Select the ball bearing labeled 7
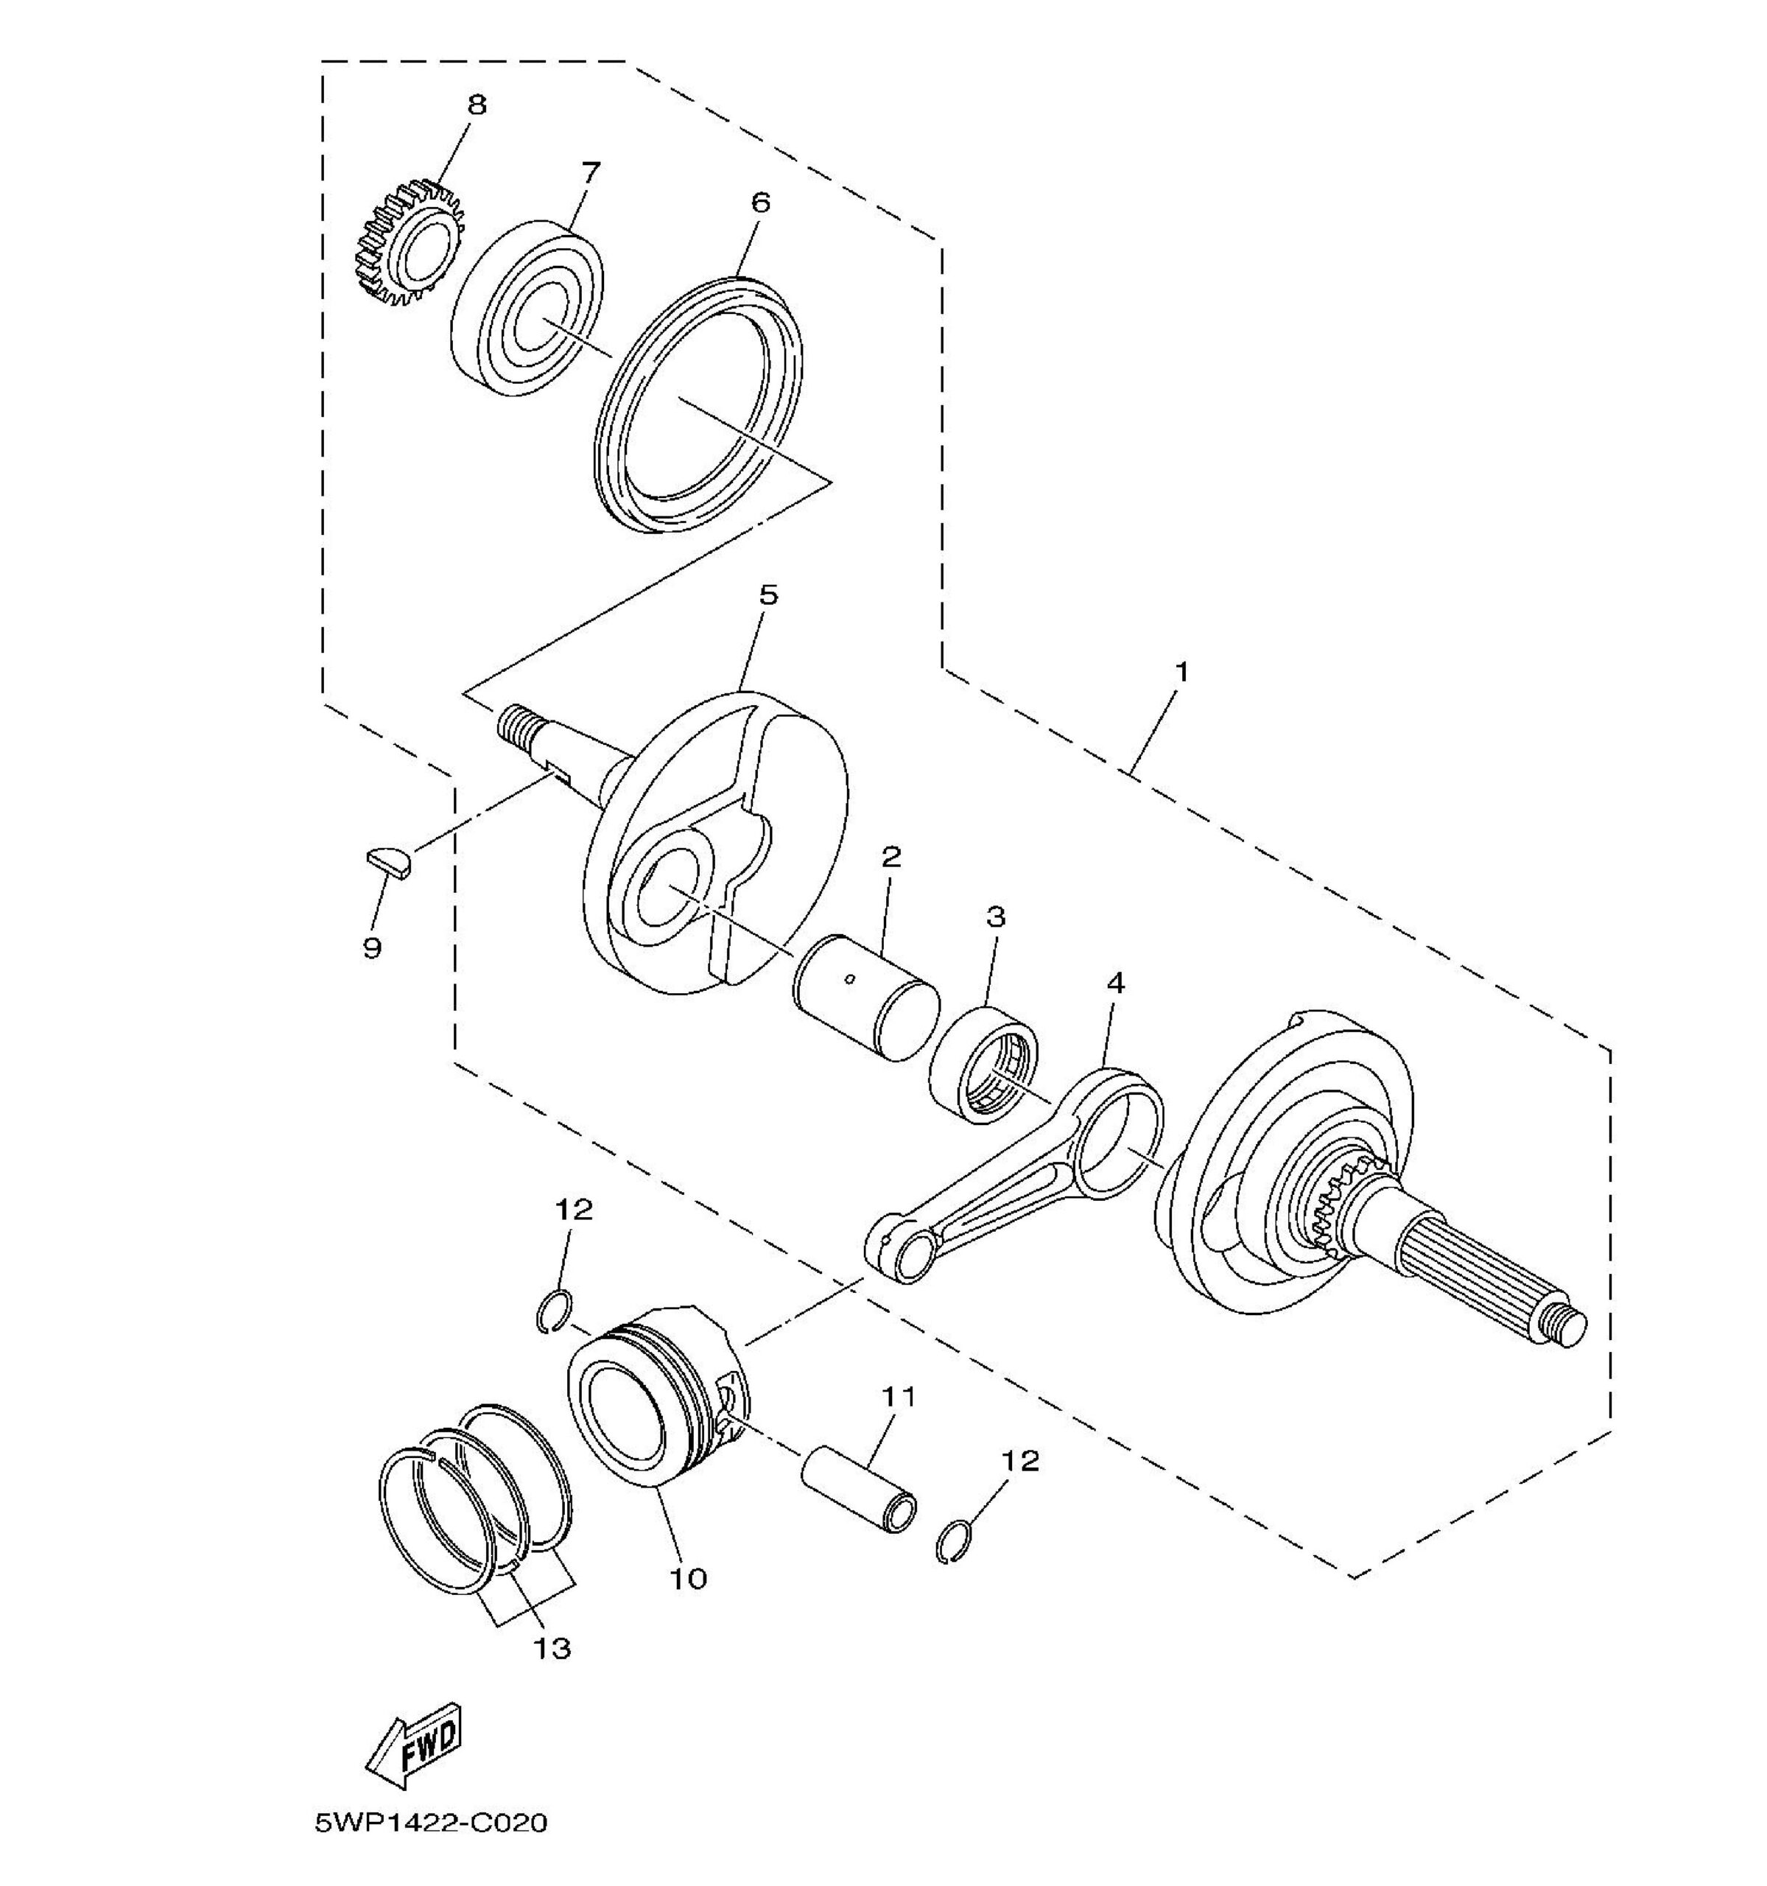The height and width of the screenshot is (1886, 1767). click(525, 309)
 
